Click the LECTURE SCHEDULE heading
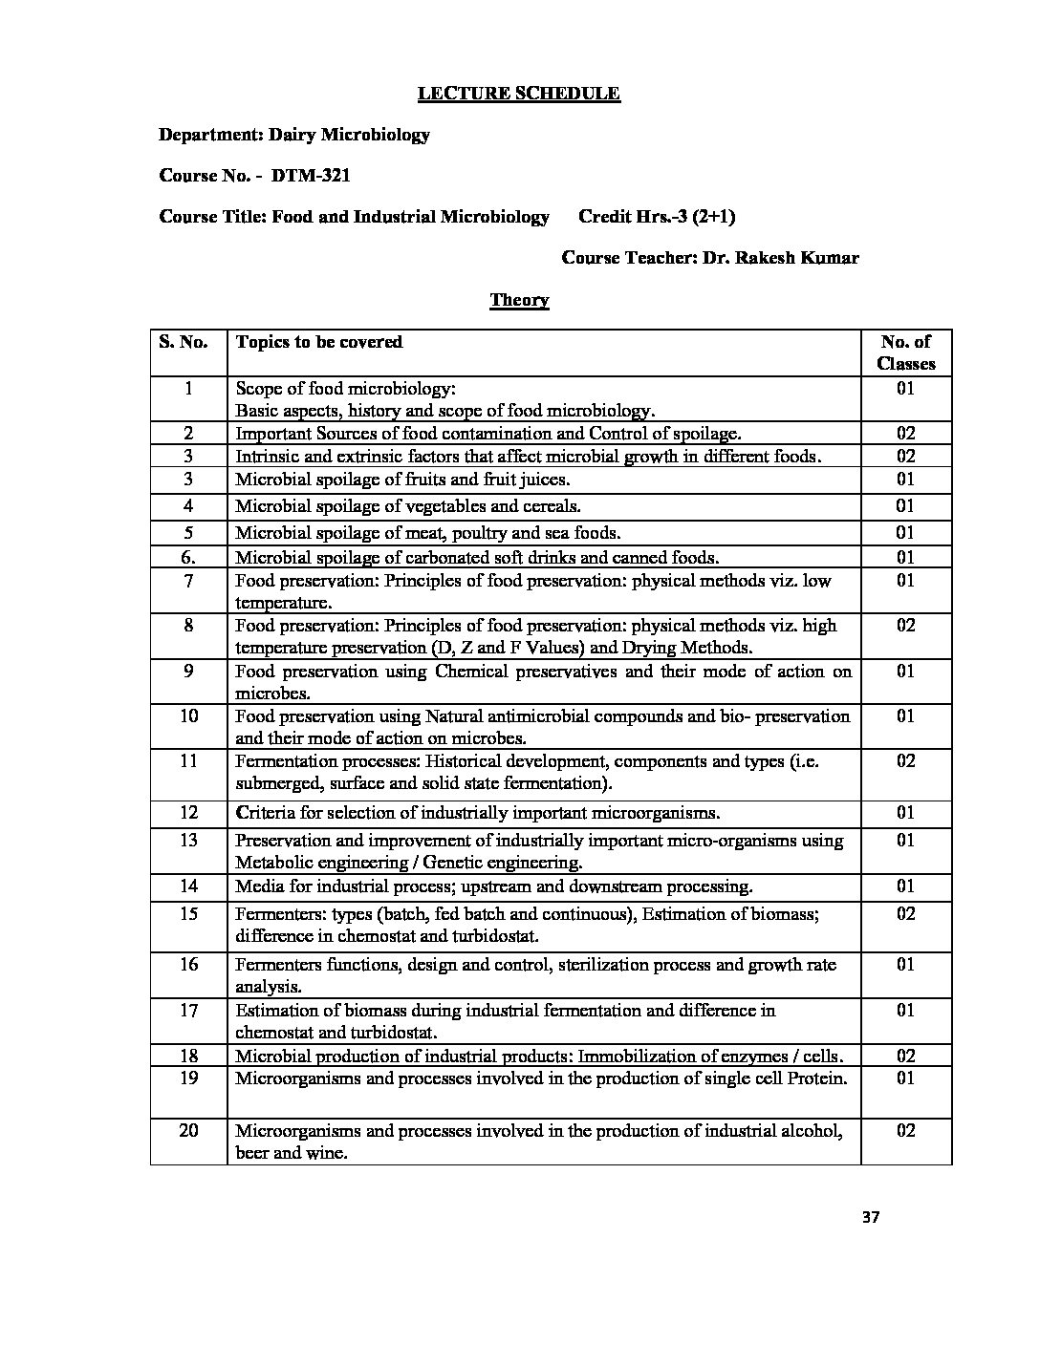[519, 94]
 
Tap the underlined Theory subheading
[519, 300]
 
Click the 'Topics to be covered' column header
[319, 342]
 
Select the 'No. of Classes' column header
[905, 352]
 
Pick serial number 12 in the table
[188, 813]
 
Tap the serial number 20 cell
[188, 1131]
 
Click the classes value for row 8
[905, 626]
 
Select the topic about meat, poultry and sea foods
[428, 533]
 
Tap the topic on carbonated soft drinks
[477, 558]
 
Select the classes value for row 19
[905, 1078]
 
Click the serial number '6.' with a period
[188, 558]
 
